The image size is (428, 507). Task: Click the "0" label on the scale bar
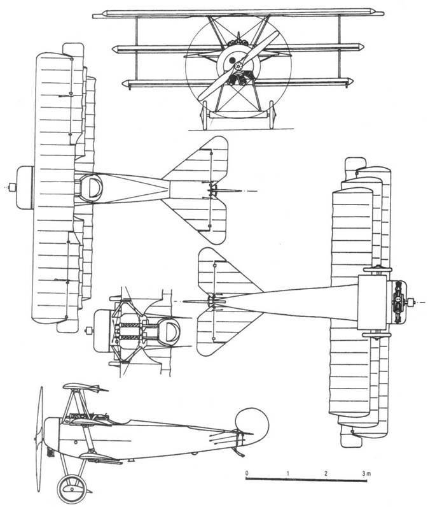(247, 473)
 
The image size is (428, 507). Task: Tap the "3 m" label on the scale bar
(366, 474)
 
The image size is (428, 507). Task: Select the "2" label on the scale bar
(326, 473)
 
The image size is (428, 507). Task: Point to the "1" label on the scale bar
(287, 473)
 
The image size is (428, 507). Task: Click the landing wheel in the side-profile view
(72, 489)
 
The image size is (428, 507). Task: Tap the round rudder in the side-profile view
(252, 424)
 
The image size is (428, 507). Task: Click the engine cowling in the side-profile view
(52, 435)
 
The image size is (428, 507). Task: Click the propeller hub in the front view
(238, 66)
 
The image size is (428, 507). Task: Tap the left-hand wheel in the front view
(205, 115)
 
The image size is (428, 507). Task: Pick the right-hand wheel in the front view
(272, 115)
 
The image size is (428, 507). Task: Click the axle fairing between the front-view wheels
(238, 115)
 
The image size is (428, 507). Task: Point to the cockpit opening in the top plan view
(92, 187)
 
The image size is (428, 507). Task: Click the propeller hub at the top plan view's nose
(12, 187)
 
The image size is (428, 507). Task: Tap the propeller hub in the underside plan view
(411, 302)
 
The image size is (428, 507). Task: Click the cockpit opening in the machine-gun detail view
(169, 331)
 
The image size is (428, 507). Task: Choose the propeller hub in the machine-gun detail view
(88, 331)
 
